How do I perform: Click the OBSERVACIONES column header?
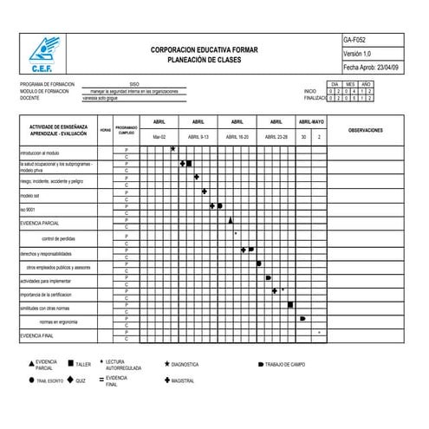pyautogui.click(x=371, y=129)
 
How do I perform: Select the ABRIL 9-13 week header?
pyautogui.click(x=198, y=137)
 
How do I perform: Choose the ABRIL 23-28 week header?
pyautogui.click(x=276, y=137)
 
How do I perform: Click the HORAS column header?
pyautogui.click(x=106, y=129)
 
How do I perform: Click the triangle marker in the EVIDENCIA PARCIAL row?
pyautogui.click(x=231, y=220)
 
